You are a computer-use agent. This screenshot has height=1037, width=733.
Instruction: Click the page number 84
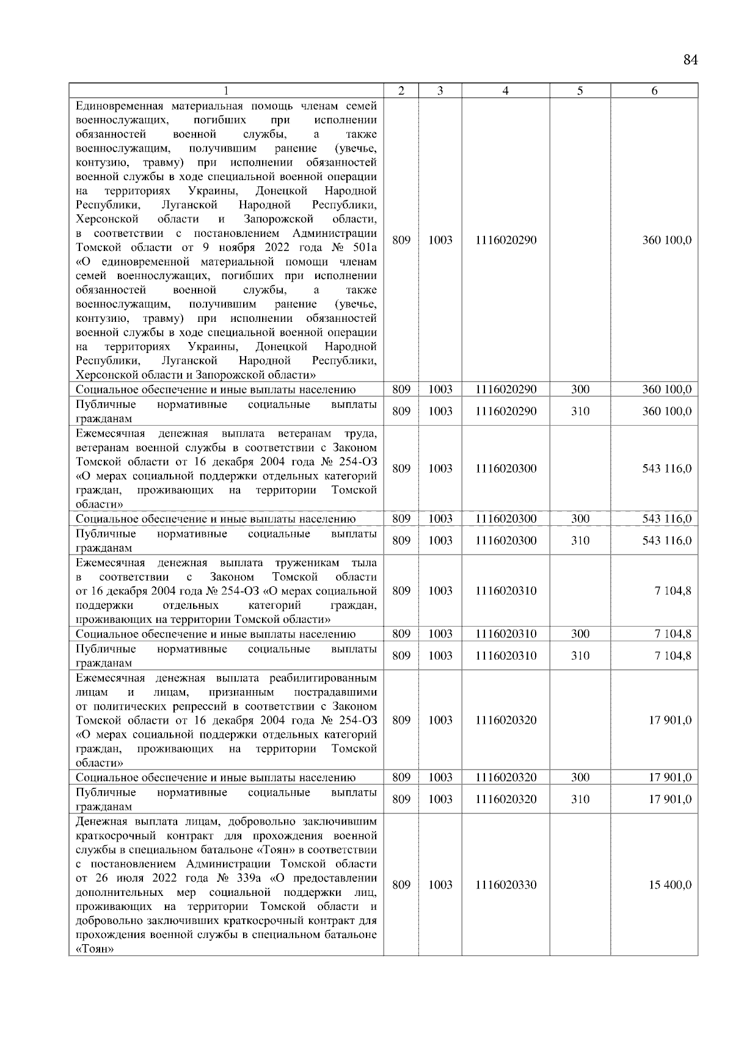pyautogui.click(x=690, y=60)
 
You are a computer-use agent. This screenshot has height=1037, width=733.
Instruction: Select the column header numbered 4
pyautogui.click(x=505, y=91)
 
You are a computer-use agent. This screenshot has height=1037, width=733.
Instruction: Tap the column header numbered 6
pyautogui.click(x=654, y=91)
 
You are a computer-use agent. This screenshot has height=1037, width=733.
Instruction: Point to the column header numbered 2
pyautogui.click(x=401, y=91)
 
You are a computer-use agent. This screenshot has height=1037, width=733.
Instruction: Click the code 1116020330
pyautogui.click(x=506, y=885)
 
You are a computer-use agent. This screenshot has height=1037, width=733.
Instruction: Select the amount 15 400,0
pyautogui.click(x=670, y=885)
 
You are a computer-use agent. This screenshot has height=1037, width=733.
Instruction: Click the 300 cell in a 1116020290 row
pyautogui.click(x=580, y=390)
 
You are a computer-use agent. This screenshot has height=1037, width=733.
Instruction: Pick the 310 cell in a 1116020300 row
pyautogui.click(x=580, y=540)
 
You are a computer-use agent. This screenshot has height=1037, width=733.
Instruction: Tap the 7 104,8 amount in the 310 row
pyautogui.click(x=673, y=655)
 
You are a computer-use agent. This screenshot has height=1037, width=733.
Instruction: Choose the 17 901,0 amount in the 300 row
pyautogui.click(x=670, y=777)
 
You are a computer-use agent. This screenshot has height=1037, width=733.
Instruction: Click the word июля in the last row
pyautogui.click(x=128, y=879)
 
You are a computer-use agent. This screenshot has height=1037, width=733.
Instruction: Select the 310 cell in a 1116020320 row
pyautogui.click(x=580, y=799)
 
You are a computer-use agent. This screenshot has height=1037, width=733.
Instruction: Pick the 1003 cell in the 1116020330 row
pyautogui.click(x=440, y=885)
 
